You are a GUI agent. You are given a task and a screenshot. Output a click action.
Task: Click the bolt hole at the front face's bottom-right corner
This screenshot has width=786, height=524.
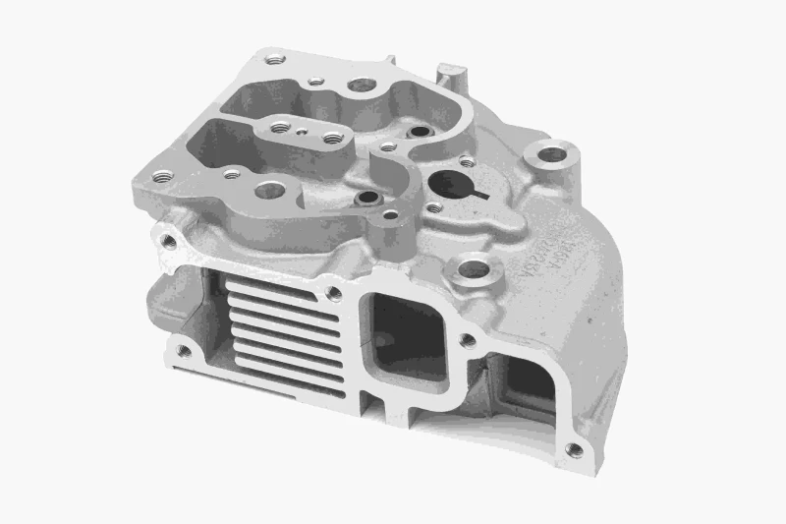(x=573, y=450)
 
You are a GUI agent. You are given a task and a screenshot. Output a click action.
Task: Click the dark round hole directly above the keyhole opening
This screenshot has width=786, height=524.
(x=421, y=131)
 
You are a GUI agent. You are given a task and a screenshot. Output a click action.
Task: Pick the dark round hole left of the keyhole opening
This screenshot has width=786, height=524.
(x=368, y=198)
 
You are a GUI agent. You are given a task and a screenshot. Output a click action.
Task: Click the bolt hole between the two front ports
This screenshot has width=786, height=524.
(x=467, y=341)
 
